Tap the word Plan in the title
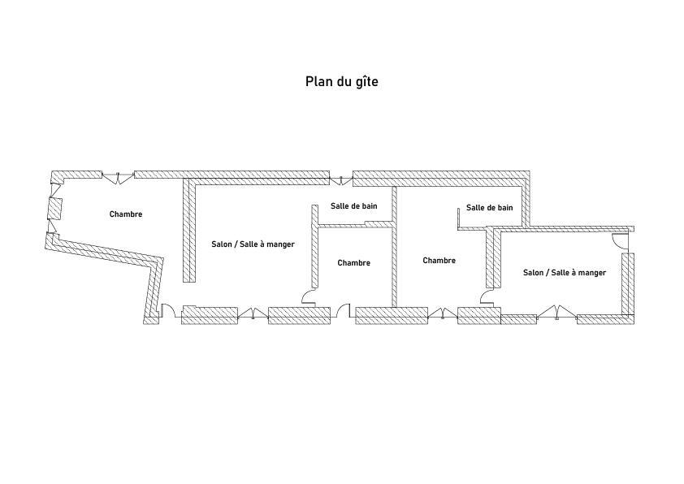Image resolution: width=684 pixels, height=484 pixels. pos(318,81)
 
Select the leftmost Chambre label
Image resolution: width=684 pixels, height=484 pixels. pos(126,214)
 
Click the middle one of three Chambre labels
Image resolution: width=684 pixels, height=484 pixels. pos(353,263)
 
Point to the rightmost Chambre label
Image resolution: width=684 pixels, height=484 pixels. pos(439,261)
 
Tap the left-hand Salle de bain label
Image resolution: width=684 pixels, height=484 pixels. pos(353,205)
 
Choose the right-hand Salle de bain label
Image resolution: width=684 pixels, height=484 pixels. pos(490,208)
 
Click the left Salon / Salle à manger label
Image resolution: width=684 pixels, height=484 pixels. pos(253,244)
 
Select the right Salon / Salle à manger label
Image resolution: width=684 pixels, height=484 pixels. pos(565,273)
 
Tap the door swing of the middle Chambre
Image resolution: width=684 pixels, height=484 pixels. pos(310,297)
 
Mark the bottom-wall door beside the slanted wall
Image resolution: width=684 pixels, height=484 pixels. pos(168,310)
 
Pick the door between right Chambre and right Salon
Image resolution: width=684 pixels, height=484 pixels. pos(487,296)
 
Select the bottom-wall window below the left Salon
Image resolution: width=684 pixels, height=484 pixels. pos(253,313)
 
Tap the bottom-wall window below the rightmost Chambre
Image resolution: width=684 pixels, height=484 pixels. pos(443,313)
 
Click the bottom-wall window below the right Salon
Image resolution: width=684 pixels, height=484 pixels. pos(556,313)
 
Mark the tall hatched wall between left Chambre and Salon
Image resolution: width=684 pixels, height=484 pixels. pos(189,231)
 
